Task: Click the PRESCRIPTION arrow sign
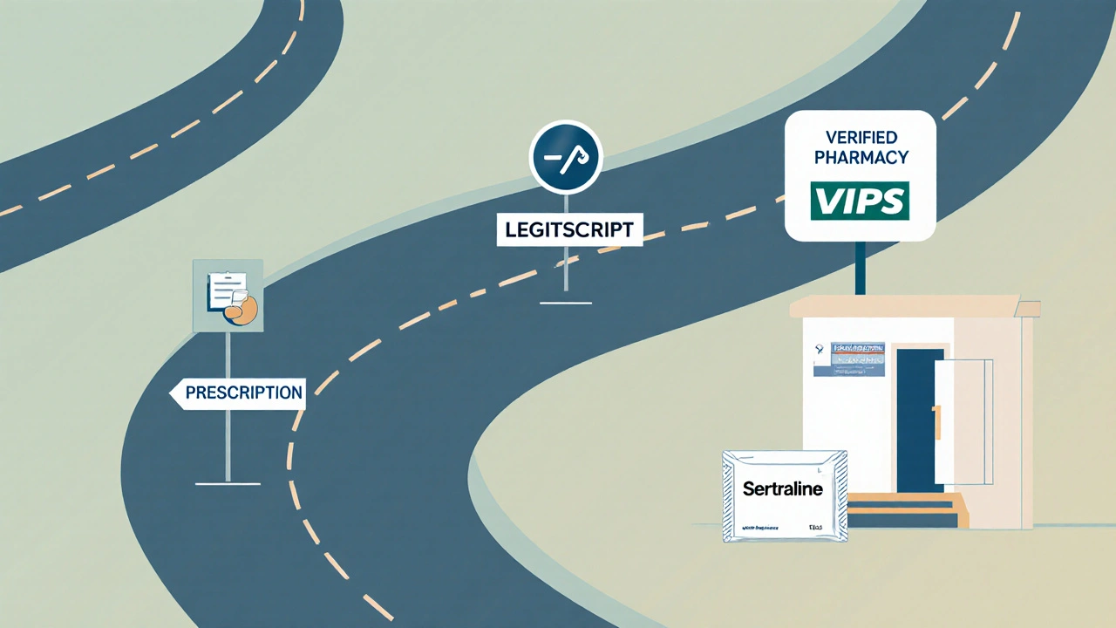tap(237, 392)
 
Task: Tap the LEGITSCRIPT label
tap(569, 230)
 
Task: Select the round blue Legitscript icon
tap(566, 157)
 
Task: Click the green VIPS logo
tap(860, 201)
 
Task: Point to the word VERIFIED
tap(860, 137)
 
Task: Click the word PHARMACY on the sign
tap(860, 158)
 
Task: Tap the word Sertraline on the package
tap(782, 489)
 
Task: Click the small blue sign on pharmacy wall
tap(849, 359)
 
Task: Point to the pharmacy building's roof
tap(907, 307)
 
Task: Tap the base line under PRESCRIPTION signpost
tap(228, 482)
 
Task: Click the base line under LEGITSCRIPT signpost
tap(565, 303)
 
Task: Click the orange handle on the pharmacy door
tap(937, 420)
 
